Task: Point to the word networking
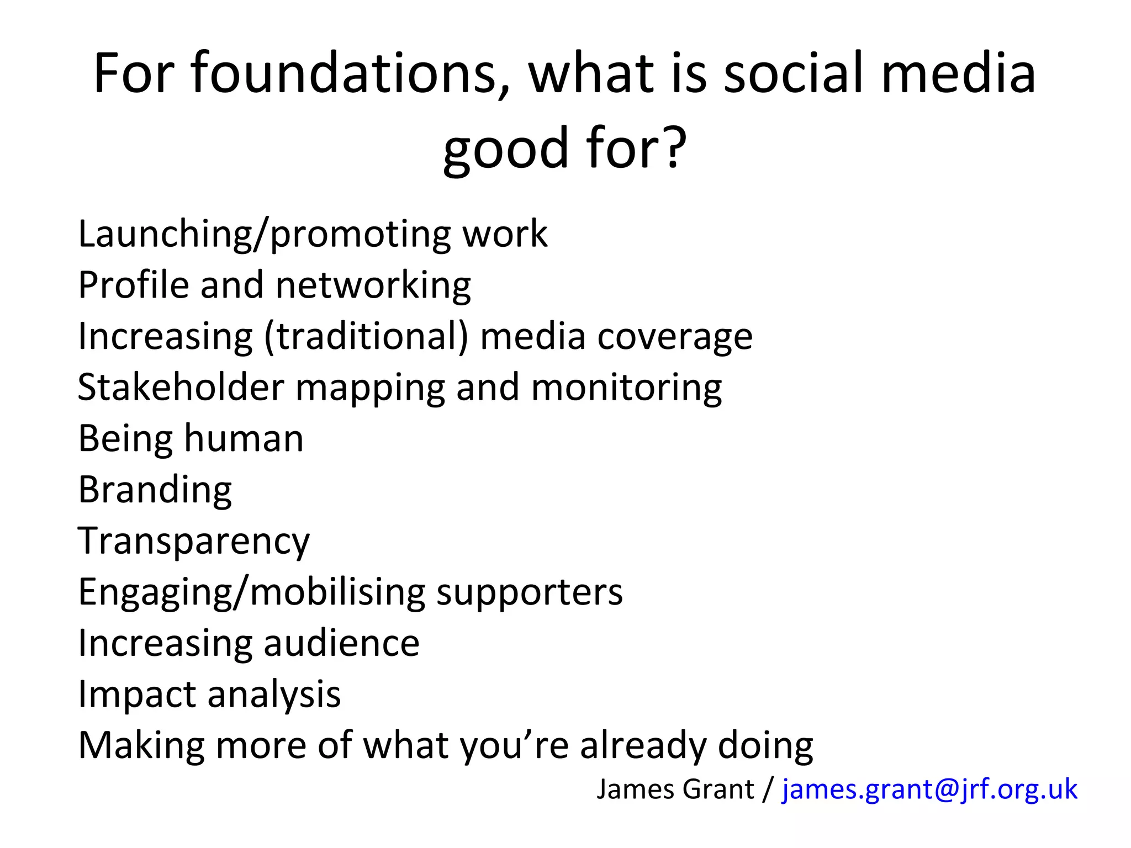(x=373, y=286)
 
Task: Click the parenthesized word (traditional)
(x=366, y=337)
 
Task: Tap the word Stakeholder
(x=181, y=388)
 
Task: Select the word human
(x=244, y=439)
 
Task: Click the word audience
(x=341, y=644)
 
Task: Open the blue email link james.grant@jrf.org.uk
(x=929, y=789)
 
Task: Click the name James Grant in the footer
(x=675, y=789)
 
